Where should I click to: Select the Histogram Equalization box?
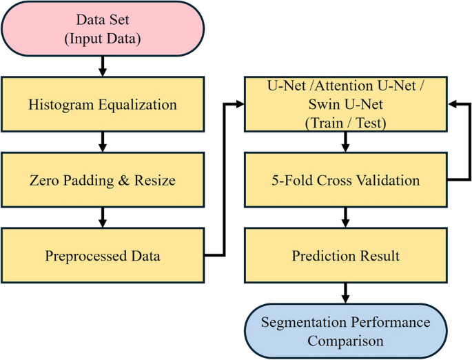(103, 105)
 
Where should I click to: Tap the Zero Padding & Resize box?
(103, 181)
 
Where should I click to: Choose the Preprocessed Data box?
(103, 256)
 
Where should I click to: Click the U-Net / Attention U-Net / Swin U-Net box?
(345, 105)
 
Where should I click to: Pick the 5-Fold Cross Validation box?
(345, 181)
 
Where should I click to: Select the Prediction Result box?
(345, 256)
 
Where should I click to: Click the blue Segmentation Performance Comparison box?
(345, 331)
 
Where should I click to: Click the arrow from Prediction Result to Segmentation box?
(345, 293)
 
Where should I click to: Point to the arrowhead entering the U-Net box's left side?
(240, 105)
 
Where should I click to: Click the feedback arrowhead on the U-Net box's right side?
(452, 105)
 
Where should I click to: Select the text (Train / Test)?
(345, 123)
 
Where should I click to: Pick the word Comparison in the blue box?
(345, 341)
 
